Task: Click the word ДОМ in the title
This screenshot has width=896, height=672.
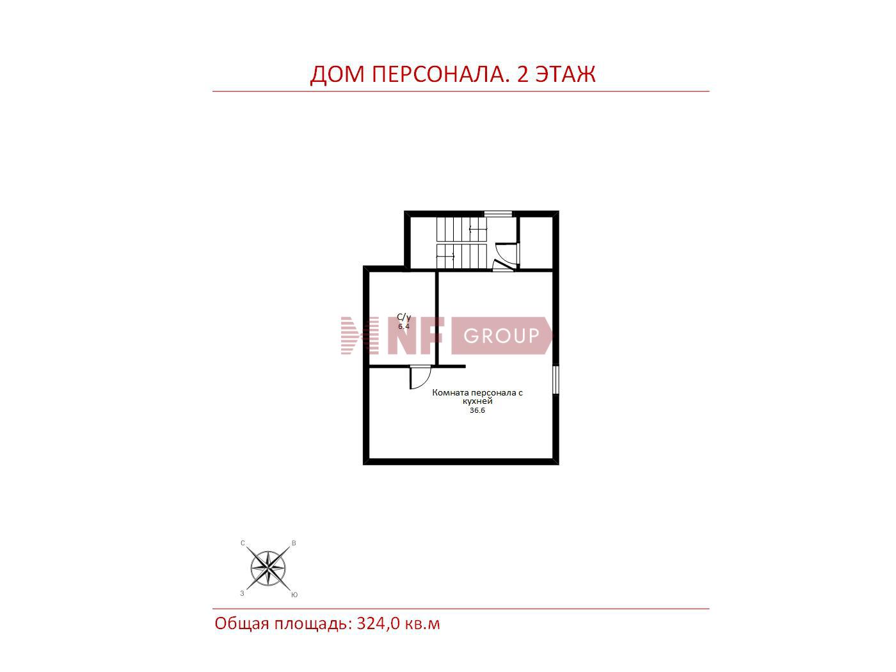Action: coord(337,75)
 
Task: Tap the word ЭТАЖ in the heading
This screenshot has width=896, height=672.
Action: coord(565,74)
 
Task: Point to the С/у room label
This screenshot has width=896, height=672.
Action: coord(404,317)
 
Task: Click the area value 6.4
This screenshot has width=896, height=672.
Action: coord(404,326)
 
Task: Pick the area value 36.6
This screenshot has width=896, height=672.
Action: coord(477,410)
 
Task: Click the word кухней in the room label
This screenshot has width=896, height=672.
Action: coord(477,401)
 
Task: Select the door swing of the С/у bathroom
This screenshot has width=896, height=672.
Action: coord(420,378)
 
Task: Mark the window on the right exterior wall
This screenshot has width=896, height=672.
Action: coord(556,380)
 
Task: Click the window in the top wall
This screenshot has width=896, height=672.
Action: coord(498,214)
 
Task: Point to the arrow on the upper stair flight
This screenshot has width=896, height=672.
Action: coord(478,230)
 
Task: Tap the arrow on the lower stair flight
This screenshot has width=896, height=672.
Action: coord(445,256)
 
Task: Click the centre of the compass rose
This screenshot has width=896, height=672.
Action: coord(268,568)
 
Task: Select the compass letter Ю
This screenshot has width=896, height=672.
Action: coord(294,595)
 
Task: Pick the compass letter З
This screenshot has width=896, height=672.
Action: coord(242,593)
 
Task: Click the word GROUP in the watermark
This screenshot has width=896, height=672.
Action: coord(501,336)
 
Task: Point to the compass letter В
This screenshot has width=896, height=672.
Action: coord(294,543)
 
